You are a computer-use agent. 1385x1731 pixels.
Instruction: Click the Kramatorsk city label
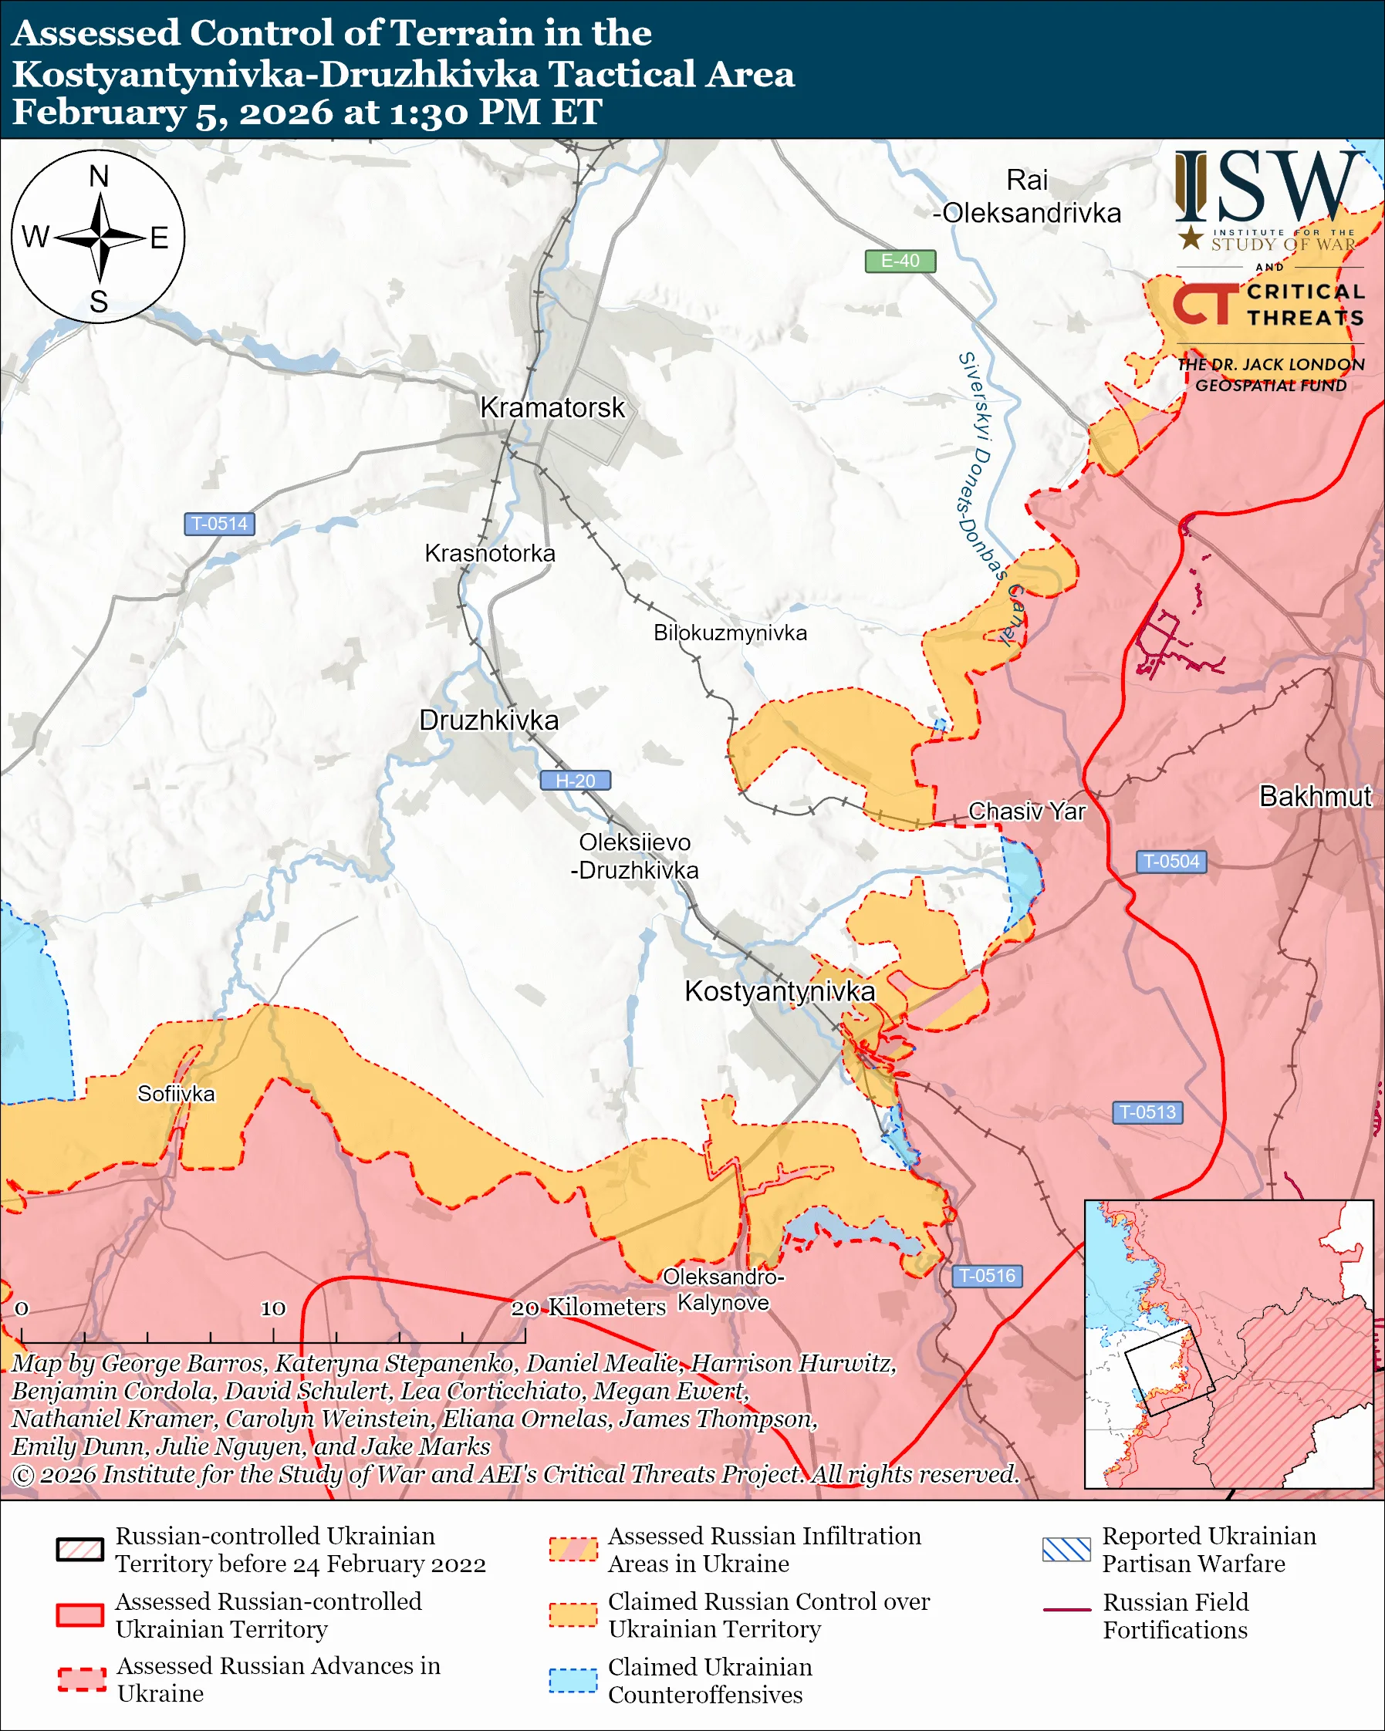[x=552, y=407]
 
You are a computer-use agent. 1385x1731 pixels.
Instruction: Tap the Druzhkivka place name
[x=488, y=720]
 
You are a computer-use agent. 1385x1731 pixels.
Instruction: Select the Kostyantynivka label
[x=779, y=990]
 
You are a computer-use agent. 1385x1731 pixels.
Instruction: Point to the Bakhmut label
[x=1315, y=795]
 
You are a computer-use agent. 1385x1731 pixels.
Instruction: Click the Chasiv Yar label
[x=1026, y=811]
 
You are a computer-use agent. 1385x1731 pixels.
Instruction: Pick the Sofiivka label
[x=176, y=1094]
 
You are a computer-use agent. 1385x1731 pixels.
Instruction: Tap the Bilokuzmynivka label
[x=730, y=633]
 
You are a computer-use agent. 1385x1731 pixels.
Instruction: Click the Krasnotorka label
[x=490, y=553]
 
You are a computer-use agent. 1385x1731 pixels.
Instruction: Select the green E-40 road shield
[x=899, y=261]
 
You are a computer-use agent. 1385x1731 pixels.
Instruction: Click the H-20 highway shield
[x=575, y=781]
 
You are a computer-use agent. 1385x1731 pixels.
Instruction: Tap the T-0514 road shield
[x=219, y=524]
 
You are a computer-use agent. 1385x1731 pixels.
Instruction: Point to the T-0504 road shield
[x=1170, y=862]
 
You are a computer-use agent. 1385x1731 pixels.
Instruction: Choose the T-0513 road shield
[x=1147, y=1112]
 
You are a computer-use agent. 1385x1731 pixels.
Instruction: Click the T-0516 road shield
[x=987, y=1276]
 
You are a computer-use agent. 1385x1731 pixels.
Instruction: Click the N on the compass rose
[x=99, y=177]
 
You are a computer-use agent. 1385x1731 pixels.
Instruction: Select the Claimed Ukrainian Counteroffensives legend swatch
[x=573, y=1679]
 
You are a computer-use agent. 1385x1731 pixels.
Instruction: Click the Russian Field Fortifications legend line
[x=1066, y=1610]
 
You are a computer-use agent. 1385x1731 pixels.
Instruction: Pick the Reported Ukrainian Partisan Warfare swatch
[x=1066, y=1549]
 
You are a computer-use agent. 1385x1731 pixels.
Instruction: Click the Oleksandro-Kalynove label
[x=723, y=1290]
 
